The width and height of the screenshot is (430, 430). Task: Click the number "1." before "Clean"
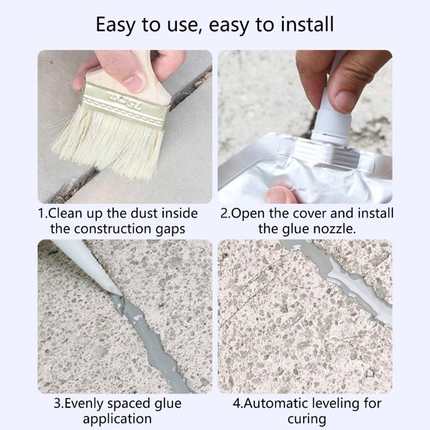pos(44,213)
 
